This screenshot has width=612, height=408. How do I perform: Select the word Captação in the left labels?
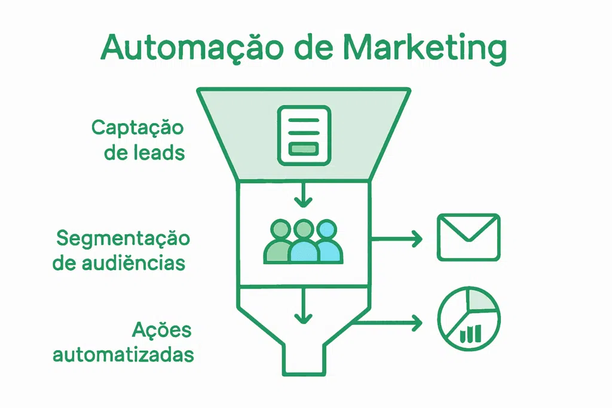coord(137,128)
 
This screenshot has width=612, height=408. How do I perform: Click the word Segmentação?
coord(123,238)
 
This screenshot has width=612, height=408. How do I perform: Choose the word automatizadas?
coord(124,355)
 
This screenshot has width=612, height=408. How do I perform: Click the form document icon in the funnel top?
coord(304,134)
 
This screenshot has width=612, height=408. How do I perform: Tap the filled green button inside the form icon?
coord(304,149)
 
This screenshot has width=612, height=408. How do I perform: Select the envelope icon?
coord(469,237)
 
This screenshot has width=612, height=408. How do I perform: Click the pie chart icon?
coord(469,319)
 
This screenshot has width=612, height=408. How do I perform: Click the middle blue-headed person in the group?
coord(304,242)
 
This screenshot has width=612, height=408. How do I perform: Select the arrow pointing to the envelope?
coord(397,239)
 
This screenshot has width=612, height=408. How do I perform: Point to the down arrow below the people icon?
coord(304,306)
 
